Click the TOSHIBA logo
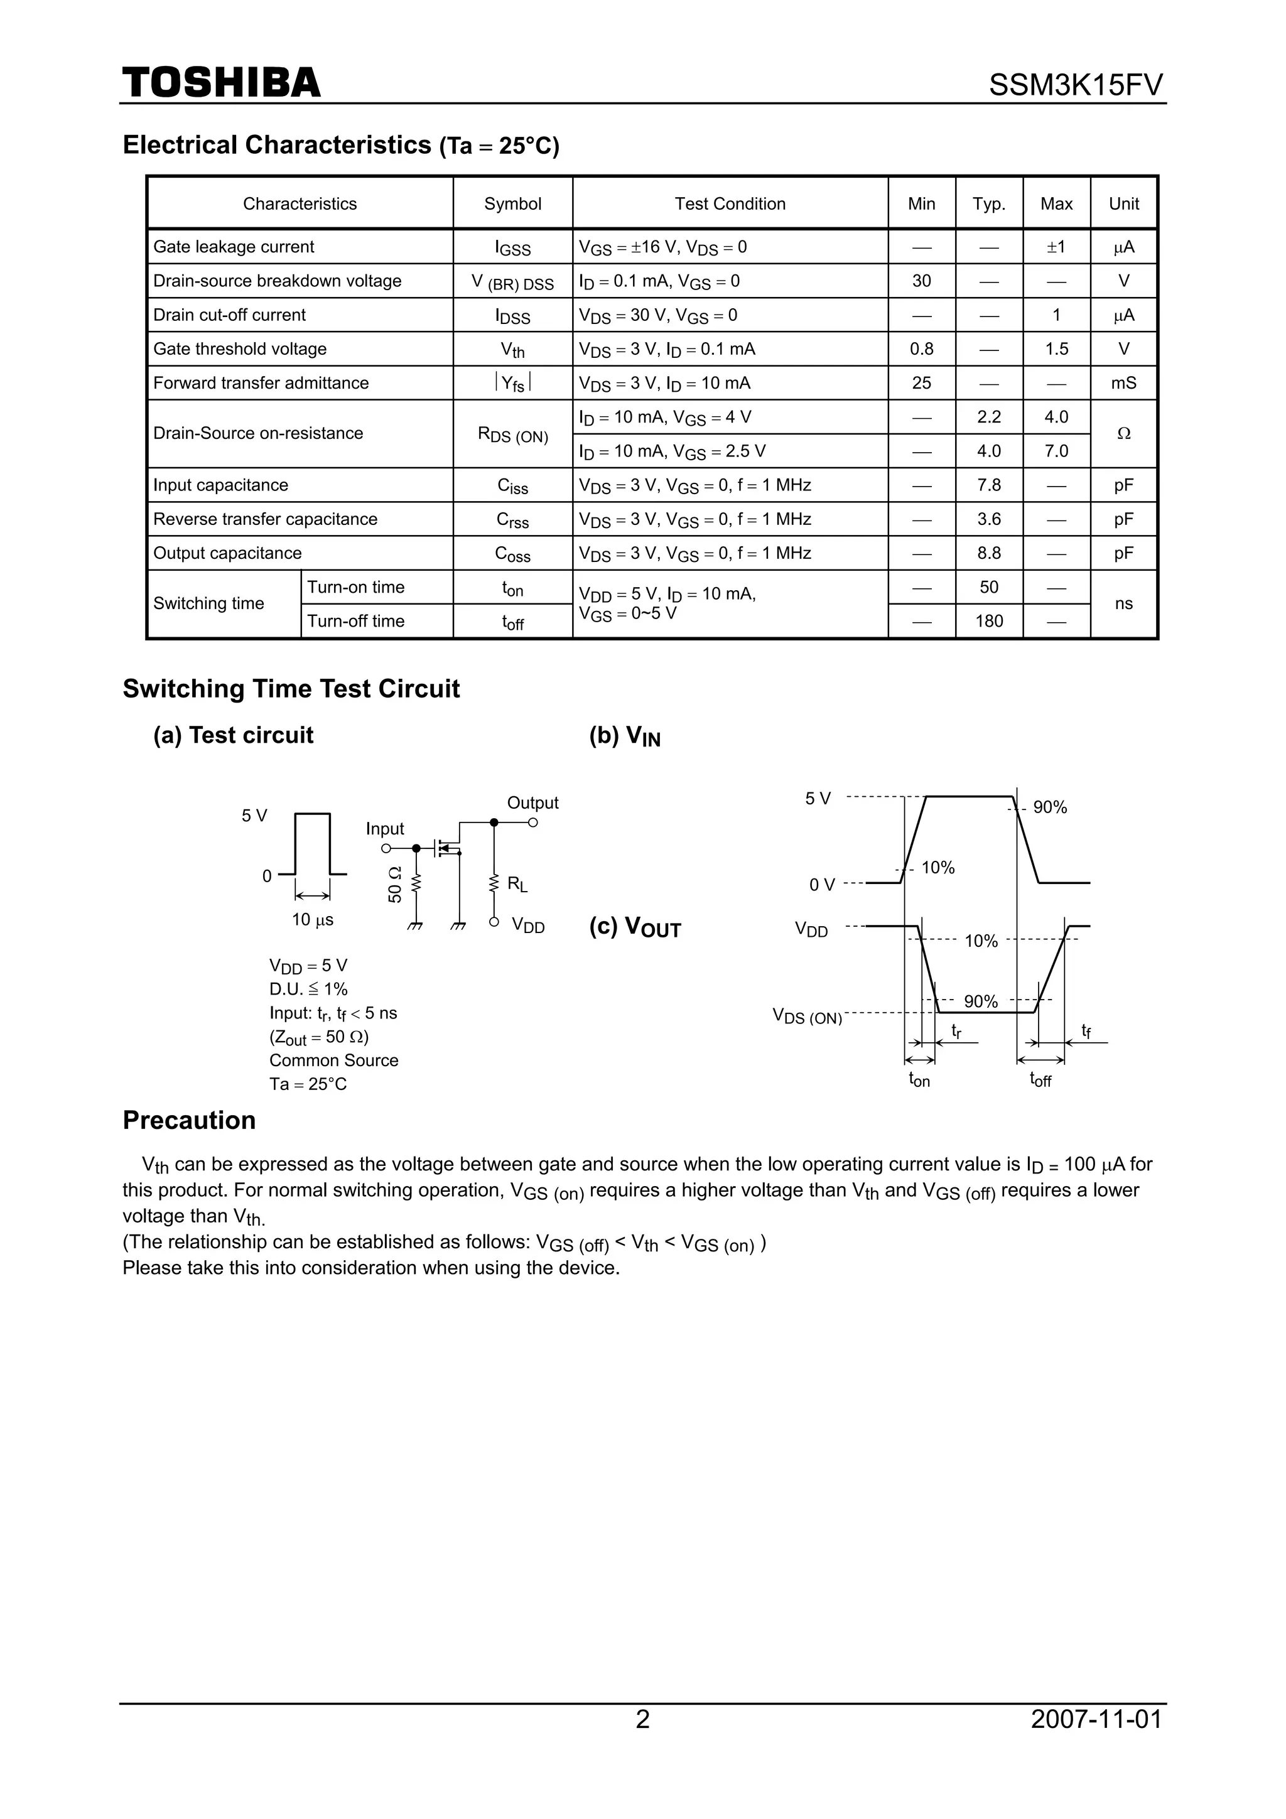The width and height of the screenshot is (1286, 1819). click(x=221, y=82)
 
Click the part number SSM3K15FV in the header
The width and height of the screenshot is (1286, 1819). click(x=1075, y=85)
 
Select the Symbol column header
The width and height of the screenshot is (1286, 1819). click(x=512, y=203)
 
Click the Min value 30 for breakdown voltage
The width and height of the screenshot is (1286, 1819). click(x=922, y=281)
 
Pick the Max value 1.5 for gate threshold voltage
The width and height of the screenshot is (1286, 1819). click(x=1056, y=348)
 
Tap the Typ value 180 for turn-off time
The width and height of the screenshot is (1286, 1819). click(x=989, y=621)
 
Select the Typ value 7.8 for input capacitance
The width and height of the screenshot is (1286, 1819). click(x=989, y=485)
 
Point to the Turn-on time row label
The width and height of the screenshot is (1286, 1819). click(x=356, y=587)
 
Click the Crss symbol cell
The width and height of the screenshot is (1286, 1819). click(x=512, y=520)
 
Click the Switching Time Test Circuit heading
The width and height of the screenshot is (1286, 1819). click(x=291, y=688)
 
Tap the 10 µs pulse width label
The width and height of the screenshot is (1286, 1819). click(x=312, y=920)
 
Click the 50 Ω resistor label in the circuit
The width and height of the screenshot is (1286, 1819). click(x=394, y=885)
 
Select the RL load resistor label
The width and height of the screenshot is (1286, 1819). click(x=517, y=884)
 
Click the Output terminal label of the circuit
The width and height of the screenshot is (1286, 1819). click(x=532, y=802)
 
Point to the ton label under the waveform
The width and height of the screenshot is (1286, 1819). click(x=919, y=1080)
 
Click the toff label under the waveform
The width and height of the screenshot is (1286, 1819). click(x=1040, y=1080)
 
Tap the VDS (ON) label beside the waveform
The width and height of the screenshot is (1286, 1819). click(x=807, y=1017)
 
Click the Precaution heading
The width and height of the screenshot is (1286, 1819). click(x=190, y=1120)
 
